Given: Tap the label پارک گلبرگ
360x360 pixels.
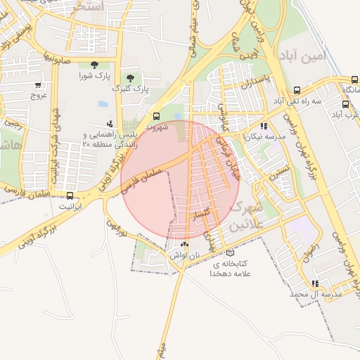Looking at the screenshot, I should tap(132, 89).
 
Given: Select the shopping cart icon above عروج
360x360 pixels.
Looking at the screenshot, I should tap(37, 85).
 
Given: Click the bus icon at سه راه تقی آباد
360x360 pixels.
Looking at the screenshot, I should tap(297, 90).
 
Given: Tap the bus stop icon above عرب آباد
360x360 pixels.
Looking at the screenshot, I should tap(345, 103).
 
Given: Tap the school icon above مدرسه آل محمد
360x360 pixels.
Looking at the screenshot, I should tap(314, 283).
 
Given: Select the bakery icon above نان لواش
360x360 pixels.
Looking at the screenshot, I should tap(185, 245).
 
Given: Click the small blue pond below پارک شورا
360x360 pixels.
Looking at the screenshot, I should tap(103, 104).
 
